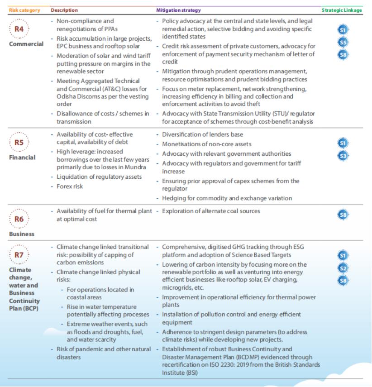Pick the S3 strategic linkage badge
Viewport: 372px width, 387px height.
click(x=343, y=156)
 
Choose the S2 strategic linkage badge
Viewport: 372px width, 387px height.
click(x=343, y=268)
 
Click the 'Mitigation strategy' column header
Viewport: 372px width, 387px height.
click(x=178, y=10)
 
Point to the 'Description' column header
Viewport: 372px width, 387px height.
click(x=64, y=10)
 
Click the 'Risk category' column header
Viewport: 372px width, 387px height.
click(x=21, y=10)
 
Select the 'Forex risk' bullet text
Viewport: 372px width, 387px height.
click(x=70, y=186)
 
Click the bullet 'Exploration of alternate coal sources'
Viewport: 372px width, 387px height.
click(x=211, y=211)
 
